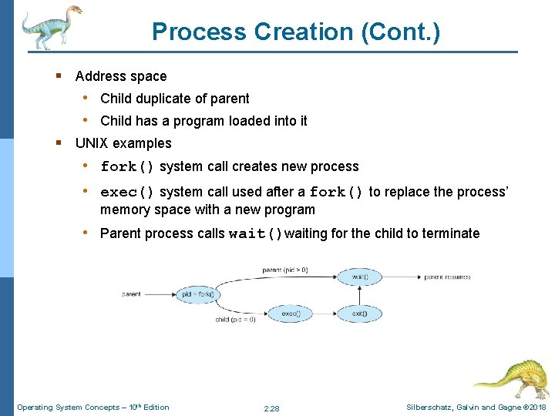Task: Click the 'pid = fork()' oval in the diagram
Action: coord(198,294)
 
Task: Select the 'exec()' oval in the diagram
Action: coord(291,314)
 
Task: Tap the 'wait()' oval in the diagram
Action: coord(359,277)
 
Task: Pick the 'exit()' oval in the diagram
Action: coord(359,314)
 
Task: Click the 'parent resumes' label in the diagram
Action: coord(447,277)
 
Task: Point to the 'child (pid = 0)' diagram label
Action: coord(235,320)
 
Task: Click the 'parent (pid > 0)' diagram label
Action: coord(285,270)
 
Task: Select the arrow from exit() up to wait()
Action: coord(359,295)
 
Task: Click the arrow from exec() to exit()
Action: coord(325,314)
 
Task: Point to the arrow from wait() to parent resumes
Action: coord(401,277)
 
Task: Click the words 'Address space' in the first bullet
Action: coord(121,75)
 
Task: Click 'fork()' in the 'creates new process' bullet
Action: coord(128,166)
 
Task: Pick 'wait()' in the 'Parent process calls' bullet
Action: coord(256,233)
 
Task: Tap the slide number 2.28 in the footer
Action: coord(271,408)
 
